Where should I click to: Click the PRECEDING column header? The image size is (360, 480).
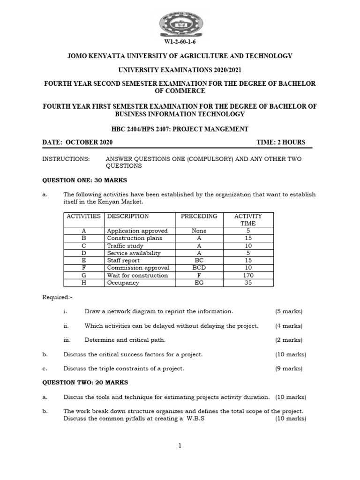tap(199, 216)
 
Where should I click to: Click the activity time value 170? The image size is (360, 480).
tap(248, 276)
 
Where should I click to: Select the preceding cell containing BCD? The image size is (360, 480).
tap(199, 268)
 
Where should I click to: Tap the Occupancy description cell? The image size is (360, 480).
tap(123, 283)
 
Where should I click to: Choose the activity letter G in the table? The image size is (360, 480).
tap(83, 276)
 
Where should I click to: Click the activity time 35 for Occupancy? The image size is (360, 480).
tap(248, 283)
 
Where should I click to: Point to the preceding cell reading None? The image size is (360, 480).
tap(199, 231)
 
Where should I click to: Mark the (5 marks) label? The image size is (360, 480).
tap(289, 311)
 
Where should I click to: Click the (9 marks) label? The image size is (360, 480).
tap(289, 368)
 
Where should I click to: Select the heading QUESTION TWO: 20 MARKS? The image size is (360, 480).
tap(85, 382)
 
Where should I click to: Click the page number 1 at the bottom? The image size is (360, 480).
tap(180, 446)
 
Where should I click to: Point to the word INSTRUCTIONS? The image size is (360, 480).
tap(66, 159)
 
